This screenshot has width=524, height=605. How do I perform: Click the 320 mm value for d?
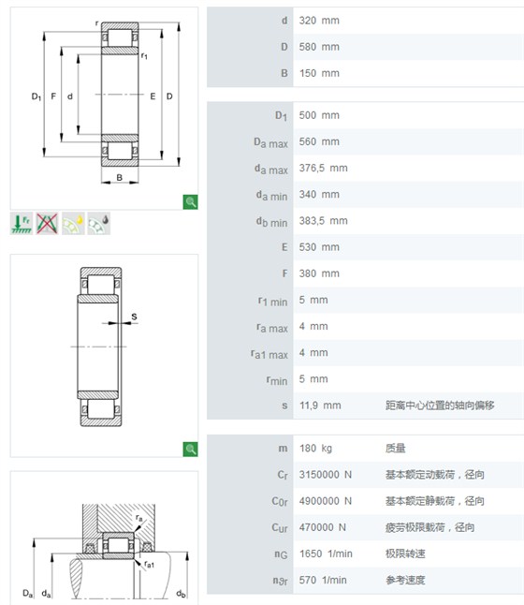click(x=319, y=21)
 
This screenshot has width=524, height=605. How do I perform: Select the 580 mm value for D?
click(x=319, y=47)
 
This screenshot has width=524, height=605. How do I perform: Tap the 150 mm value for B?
click(x=319, y=73)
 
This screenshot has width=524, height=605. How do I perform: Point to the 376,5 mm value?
click(x=323, y=169)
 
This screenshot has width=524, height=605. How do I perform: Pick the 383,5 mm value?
click(x=323, y=221)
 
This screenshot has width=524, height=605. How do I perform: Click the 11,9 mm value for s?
click(x=320, y=406)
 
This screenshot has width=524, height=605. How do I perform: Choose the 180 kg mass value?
click(x=315, y=449)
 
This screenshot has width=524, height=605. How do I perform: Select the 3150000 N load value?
click(x=326, y=475)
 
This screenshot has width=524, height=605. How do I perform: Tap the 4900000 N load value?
click(x=326, y=501)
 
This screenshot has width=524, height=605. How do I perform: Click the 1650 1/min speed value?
click(x=326, y=553)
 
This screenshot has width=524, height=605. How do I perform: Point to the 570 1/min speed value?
click(x=323, y=580)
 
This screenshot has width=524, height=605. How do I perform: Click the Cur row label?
click(x=280, y=527)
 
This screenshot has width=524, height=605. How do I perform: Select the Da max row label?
click(x=270, y=142)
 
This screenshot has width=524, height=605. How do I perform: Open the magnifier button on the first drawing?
click(x=190, y=201)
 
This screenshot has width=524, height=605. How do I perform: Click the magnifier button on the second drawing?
click(x=190, y=450)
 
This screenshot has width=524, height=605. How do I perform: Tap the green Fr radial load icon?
click(x=22, y=224)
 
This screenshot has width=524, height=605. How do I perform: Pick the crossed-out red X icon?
click(x=47, y=224)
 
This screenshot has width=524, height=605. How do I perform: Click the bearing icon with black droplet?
click(x=98, y=224)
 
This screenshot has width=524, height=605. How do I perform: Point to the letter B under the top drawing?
click(x=120, y=178)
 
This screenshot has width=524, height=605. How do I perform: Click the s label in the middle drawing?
click(x=134, y=317)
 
